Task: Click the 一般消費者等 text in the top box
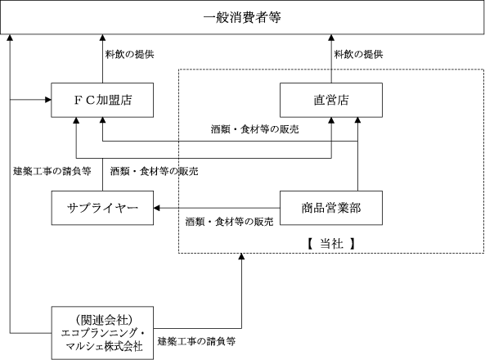(x=242, y=17)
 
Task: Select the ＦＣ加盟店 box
(x=102, y=100)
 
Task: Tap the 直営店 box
(x=331, y=100)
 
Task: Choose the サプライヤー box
(x=102, y=208)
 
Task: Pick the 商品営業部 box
(x=331, y=208)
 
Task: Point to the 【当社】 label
(x=331, y=244)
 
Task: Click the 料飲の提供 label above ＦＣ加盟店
(x=129, y=55)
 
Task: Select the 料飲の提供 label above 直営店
(x=358, y=55)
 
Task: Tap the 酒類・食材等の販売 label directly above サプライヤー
(x=154, y=171)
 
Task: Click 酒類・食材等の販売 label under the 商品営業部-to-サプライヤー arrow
(x=229, y=222)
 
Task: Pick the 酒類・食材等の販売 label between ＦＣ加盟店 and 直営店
(x=255, y=129)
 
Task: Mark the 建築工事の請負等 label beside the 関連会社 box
(x=197, y=341)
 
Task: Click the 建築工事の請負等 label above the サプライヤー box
(x=52, y=171)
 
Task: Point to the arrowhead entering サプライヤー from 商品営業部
(x=156, y=208)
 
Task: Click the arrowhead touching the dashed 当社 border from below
(x=241, y=256)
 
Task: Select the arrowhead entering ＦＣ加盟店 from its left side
(x=48, y=100)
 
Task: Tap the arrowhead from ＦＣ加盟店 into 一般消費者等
(x=102, y=38)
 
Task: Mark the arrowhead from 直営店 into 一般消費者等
(x=331, y=38)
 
